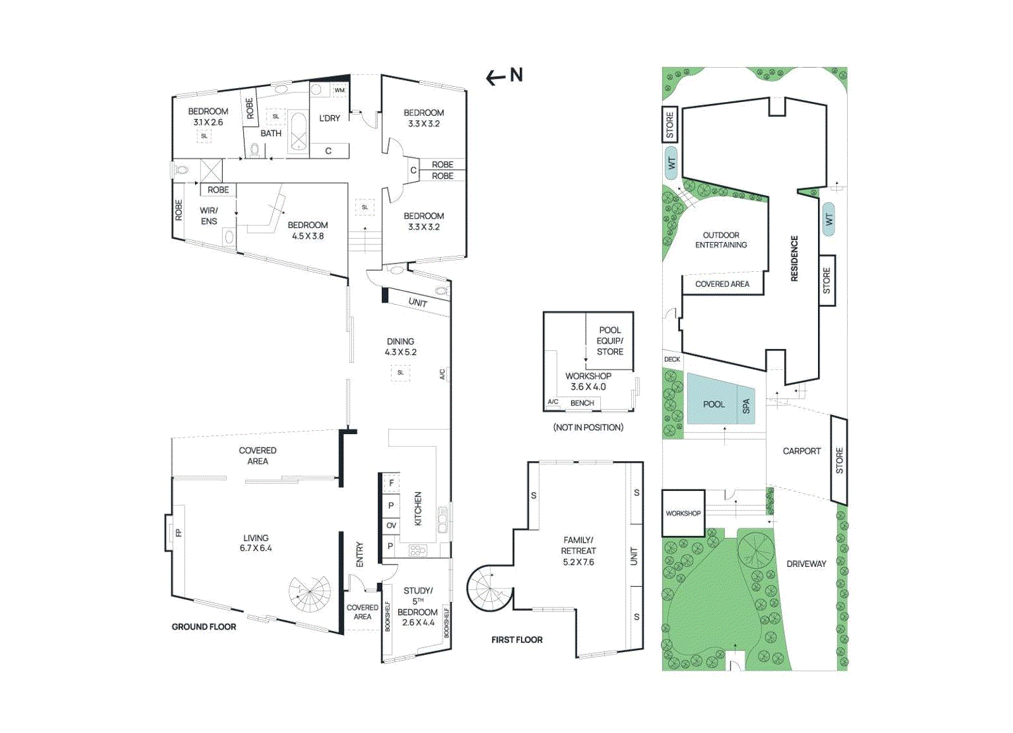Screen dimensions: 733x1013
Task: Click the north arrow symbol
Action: click(x=504, y=76)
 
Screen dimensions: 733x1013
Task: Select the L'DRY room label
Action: click(x=329, y=118)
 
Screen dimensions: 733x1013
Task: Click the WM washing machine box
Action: click(x=339, y=90)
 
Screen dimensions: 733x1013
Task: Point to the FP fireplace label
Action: click(x=179, y=533)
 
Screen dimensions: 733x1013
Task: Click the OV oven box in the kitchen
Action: click(x=391, y=525)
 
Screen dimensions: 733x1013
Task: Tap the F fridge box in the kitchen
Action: click(x=391, y=483)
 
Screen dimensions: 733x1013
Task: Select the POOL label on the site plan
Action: click(x=714, y=404)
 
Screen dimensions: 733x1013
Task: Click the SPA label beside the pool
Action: click(x=746, y=406)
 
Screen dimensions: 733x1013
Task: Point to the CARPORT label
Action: click(x=802, y=451)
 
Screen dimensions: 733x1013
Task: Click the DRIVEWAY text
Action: click(x=806, y=564)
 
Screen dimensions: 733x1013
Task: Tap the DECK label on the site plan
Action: click(x=672, y=359)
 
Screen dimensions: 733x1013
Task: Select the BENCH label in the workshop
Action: click(x=582, y=403)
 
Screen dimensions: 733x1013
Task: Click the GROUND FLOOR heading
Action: click(x=204, y=627)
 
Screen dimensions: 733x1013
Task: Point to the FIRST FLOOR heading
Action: click(x=517, y=640)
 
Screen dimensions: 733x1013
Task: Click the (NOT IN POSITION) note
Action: click(x=588, y=428)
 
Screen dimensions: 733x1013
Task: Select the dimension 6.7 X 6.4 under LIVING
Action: click(x=256, y=548)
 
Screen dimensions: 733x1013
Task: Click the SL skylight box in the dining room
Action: click(x=400, y=373)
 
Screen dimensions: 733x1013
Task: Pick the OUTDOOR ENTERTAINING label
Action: click(x=721, y=239)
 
